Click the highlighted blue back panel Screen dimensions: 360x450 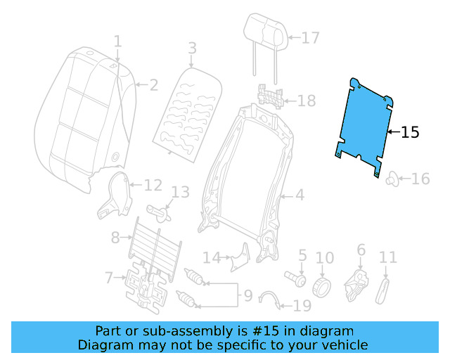[363, 124]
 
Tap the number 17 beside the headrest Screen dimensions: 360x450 [310, 38]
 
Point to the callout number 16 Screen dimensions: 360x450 [420, 179]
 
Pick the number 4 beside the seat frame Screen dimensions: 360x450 [300, 195]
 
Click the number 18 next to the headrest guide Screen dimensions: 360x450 [307, 101]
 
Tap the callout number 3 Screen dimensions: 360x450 [191, 48]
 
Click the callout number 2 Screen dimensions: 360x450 [153, 86]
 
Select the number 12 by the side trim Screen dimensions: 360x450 [153, 186]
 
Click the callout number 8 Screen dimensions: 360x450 [115, 238]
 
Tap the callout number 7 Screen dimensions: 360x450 [109, 278]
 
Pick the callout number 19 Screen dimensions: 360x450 [301, 305]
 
